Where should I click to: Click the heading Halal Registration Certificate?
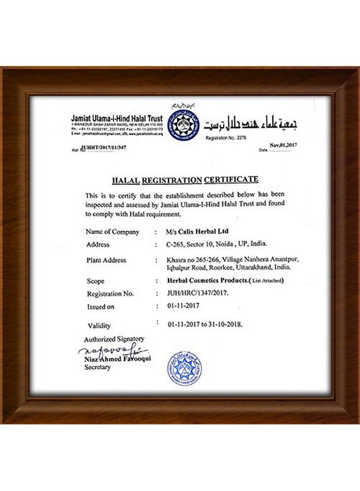coord(185,179)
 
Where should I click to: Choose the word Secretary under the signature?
coord(98,368)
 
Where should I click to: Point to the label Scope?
coord(95,282)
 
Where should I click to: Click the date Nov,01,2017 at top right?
coord(282,145)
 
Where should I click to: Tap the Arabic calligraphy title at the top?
coord(250,124)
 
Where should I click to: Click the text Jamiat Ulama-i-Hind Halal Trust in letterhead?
coord(117,118)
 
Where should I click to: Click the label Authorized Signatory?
coord(114,339)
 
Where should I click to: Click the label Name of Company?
coord(112,232)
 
